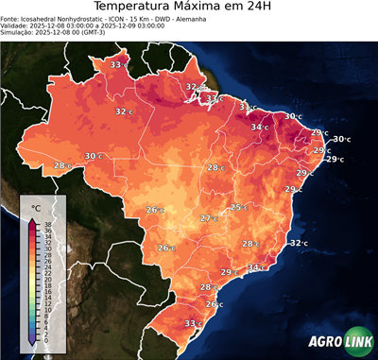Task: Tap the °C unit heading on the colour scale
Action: pyautogui.click(x=36, y=207)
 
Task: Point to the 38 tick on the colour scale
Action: pyautogui.click(x=46, y=224)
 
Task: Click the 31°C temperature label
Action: pyautogui.click(x=248, y=108)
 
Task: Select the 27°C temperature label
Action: pyautogui.click(x=208, y=218)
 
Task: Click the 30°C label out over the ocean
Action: pyautogui.click(x=340, y=139)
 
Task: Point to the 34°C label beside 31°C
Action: pyautogui.click(x=259, y=127)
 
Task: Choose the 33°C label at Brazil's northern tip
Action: pyautogui.click(x=118, y=64)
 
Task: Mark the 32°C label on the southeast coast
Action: pyautogui.click(x=298, y=243)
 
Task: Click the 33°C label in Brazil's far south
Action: pyautogui.click(x=193, y=323)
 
